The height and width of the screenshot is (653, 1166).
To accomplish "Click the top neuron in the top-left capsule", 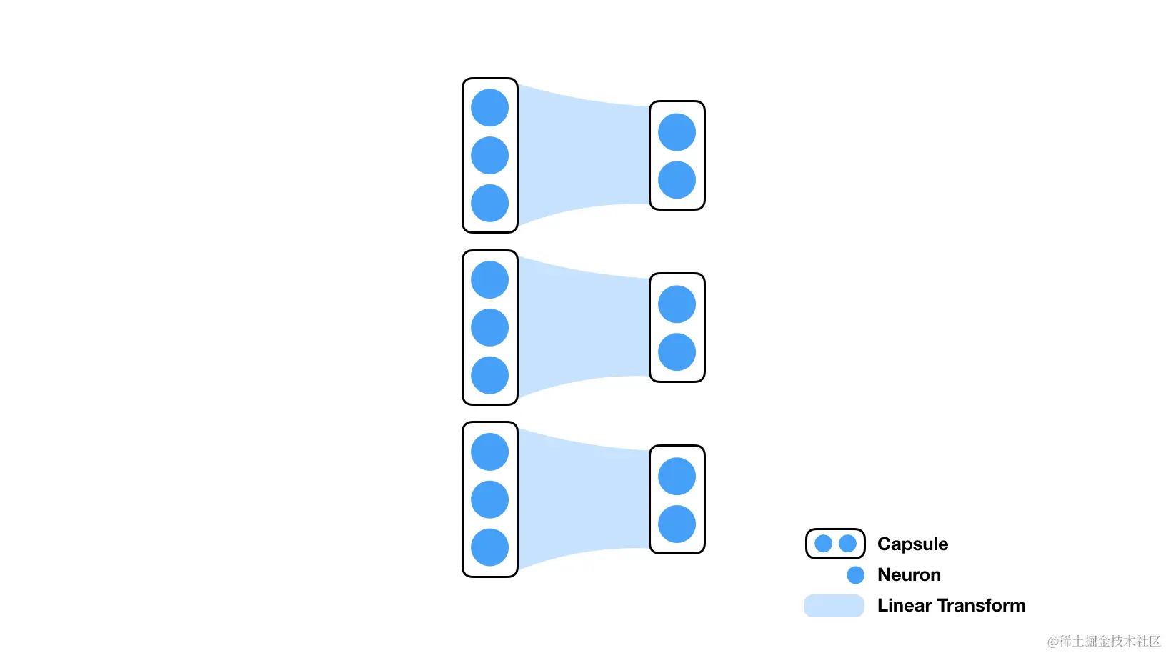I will pyautogui.click(x=489, y=108).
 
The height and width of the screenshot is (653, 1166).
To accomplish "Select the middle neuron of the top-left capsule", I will pyautogui.click(x=489, y=156).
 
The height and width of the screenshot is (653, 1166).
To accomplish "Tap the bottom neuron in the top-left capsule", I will pyautogui.click(x=489, y=203).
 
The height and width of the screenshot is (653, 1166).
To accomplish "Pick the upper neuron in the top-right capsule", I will pyautogui.click(x=677, y=132).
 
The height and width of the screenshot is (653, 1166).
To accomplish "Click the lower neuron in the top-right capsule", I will pyautogui.click(x=677, y=180).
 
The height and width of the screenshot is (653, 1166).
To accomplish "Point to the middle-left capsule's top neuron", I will pyautogui.click(x=489, y=280).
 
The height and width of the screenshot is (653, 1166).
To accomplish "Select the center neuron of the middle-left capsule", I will pyautogui.click(x=489, y=327).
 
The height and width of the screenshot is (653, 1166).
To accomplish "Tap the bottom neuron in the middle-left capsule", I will pyautogui.click(x=489, y=375).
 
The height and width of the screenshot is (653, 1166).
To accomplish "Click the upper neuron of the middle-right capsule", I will pyautogui.click(x=677, y=304).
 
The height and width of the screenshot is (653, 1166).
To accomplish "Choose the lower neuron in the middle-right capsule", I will pyautogui.click(x=677, y=352).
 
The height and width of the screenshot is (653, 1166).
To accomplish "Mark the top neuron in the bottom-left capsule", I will pyautogui.click(x=489, y=452).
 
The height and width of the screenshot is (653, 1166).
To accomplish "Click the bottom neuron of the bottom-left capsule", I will pyautogui.click(x=489, y=547).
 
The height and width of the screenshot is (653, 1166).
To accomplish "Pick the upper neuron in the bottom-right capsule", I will pyautogui.click(x=677, y=477).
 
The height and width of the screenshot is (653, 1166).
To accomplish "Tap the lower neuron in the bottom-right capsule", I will pyautogui.click(x=677, y=524).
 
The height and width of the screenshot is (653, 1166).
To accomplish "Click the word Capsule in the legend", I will pyautogui.click(x=912, y=544).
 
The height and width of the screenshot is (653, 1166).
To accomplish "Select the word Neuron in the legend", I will pyautogui.click(x=909, y=575).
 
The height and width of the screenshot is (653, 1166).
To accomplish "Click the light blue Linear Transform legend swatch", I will pyautogui.click(x=834, y=606).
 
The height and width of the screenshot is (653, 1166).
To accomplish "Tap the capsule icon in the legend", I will pyautogui.click(x=835, y=544).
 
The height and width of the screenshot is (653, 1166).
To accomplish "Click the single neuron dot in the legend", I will pyautogui.click(x=855, y=575).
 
